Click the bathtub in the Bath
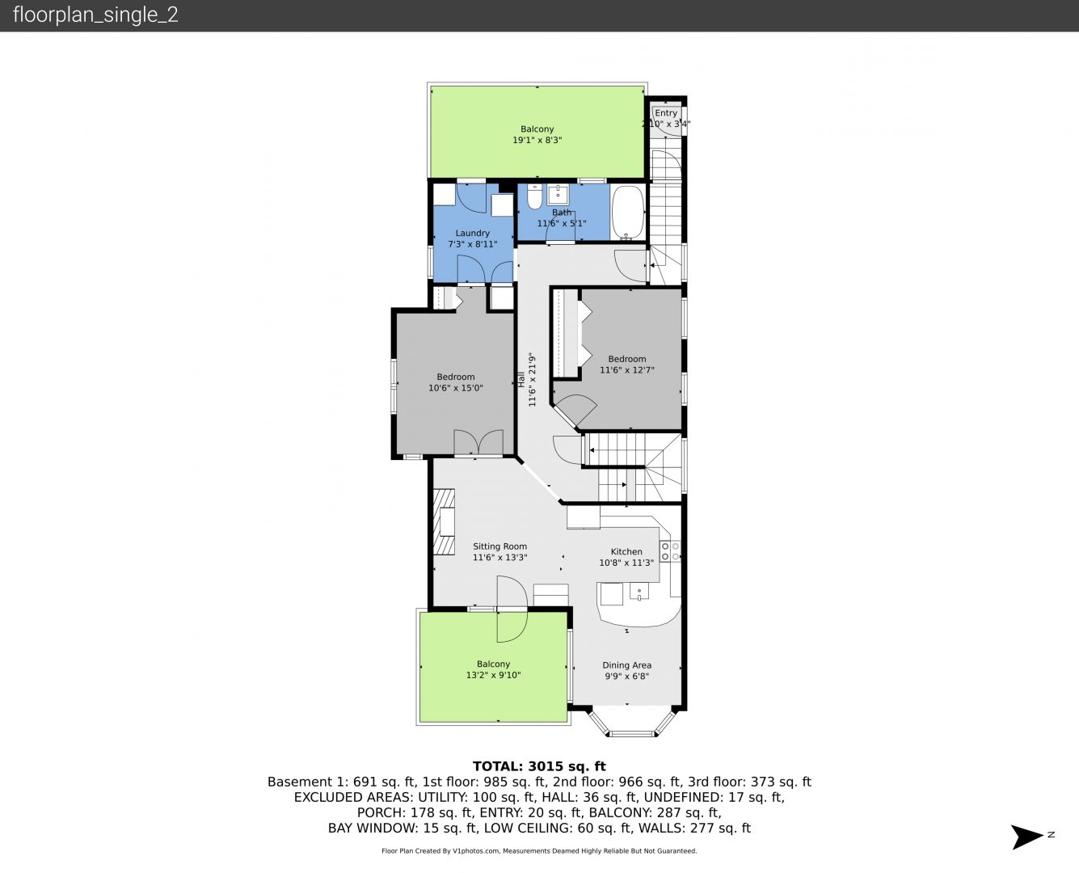628,213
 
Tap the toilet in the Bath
534,196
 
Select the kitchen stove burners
670,551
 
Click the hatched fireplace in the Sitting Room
444,522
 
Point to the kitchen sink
639,592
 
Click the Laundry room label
472,233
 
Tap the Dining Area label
626,665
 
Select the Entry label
666,113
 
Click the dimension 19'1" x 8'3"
537,141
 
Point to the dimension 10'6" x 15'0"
455,388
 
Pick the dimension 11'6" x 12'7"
627,370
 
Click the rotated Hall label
521,379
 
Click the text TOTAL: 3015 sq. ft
539,766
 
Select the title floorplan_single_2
95,15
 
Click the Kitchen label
626,552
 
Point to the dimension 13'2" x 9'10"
493,675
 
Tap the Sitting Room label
499,546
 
